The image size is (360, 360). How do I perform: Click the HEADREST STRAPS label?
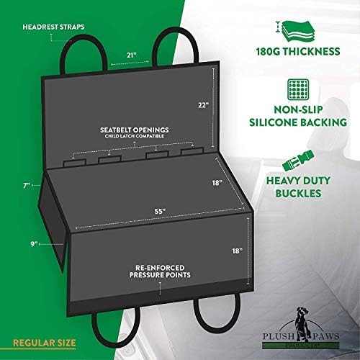coord(53,27)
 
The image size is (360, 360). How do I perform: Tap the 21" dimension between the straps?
coord(132,55)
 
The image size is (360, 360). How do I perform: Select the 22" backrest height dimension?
coord(204,105)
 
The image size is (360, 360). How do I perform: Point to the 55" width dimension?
coord(161,212)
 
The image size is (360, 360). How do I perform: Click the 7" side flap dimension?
coord(27,186)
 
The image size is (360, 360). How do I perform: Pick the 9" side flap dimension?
coord(34,244)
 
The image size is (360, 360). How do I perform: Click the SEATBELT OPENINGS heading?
coord(135,130)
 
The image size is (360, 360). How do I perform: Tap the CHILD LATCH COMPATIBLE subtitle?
coord(135,136)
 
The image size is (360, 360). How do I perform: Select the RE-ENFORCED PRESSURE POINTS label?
coord(160,271)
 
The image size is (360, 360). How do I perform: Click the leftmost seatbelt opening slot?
coord(74,163)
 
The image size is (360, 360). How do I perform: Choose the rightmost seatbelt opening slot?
coord(192,151)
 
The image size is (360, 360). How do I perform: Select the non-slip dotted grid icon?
coord(298,89)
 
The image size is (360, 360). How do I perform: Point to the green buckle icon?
coord(298,161)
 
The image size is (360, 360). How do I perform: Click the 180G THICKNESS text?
coord(298,51)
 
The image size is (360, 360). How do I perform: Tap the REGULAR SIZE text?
coord(45,343)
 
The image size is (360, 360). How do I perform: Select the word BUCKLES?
coord(298,193)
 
